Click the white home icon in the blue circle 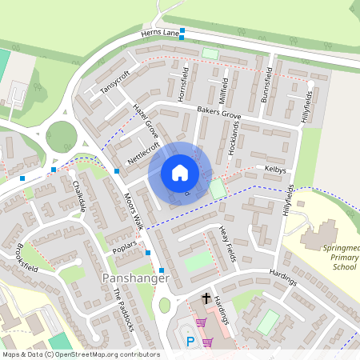[180, 173]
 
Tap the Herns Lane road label [160, 34]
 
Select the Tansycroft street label [114, 82]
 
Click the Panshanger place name [135, 278]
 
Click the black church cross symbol [206, 298]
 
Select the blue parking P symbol [190, 342]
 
